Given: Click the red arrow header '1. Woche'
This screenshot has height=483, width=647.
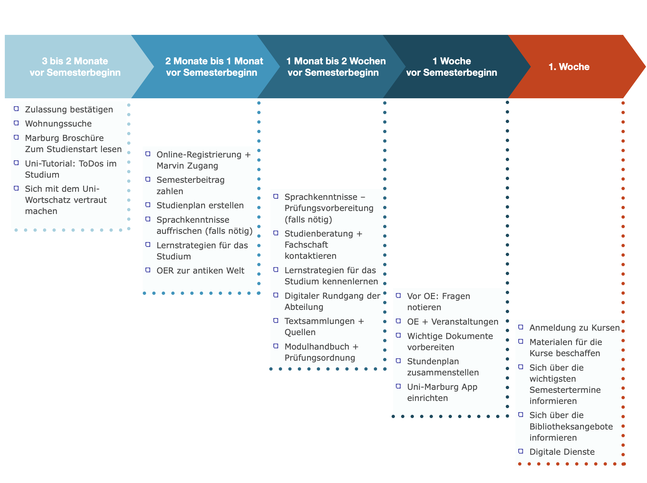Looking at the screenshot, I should (x=569, y=67).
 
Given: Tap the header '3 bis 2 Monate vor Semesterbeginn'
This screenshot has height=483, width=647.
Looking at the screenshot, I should (x=75, y=67).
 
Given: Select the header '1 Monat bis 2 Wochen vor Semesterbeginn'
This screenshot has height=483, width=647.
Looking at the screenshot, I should (x=336, y=67).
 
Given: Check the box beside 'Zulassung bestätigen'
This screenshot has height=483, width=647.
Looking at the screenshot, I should (x=17, y=109).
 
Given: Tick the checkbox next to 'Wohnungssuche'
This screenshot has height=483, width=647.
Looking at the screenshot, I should (x=17, y=123).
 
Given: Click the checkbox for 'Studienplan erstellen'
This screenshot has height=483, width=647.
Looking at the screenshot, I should (x=148, y=205).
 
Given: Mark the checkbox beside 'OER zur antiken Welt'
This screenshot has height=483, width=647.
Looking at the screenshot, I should (x=148, y=270).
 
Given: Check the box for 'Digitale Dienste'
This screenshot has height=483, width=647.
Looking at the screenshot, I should (x=521, y=451).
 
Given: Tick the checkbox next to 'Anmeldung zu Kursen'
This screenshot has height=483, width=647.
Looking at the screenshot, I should (x=521, y=327).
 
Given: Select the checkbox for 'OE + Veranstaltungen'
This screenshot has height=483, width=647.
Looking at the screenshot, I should (x=398, y=321).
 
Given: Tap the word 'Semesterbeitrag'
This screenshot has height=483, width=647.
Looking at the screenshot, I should (x=191, y=180).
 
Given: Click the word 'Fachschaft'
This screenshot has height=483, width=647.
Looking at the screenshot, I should (x=306, y=245).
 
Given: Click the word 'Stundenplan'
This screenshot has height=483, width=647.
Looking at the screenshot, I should (x=433, y=361).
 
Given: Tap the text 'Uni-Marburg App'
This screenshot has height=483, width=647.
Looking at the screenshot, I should (x=442, y=387).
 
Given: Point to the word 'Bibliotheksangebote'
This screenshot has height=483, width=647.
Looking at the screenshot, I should (x=571, y=426).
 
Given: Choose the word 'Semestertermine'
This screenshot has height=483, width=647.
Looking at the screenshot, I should (x=565, y=390).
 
